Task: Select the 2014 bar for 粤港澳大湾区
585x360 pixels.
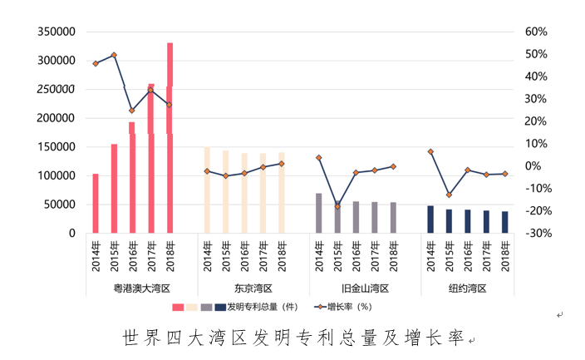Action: click(x=96, y=204)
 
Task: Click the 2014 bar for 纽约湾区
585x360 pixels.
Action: click(x=430, y=219)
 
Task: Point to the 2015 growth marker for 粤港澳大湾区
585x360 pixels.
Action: click(x=114, y=55)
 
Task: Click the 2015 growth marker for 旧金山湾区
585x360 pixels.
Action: click(x=337, y=206)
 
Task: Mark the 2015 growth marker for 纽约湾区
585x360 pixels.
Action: click(x=449, y=195)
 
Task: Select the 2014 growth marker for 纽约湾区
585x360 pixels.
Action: click(x=430, y=151)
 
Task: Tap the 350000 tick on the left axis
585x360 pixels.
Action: click(x=57, y=32)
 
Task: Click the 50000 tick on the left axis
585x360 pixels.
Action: click(x=61, y=205)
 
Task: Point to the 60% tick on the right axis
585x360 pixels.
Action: click(x=536, y=32)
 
